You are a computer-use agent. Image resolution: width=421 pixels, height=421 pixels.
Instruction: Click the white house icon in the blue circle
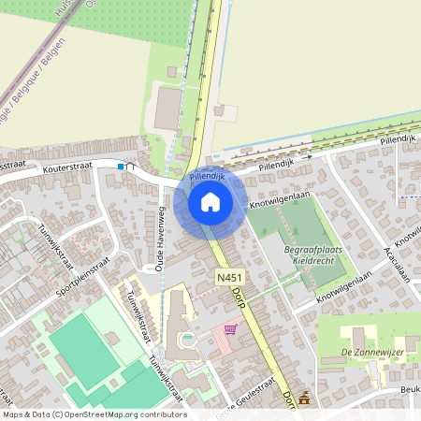point(210,202)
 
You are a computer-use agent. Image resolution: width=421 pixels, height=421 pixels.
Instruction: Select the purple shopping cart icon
point(229,329)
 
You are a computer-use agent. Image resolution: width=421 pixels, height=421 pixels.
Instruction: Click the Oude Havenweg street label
point(160,240)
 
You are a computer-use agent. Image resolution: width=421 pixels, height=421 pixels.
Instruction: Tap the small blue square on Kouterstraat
point(121,167)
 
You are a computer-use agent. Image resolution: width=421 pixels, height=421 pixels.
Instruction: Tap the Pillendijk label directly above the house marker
point(205,175)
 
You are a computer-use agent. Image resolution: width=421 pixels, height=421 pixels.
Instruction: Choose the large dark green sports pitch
point(85,346)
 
